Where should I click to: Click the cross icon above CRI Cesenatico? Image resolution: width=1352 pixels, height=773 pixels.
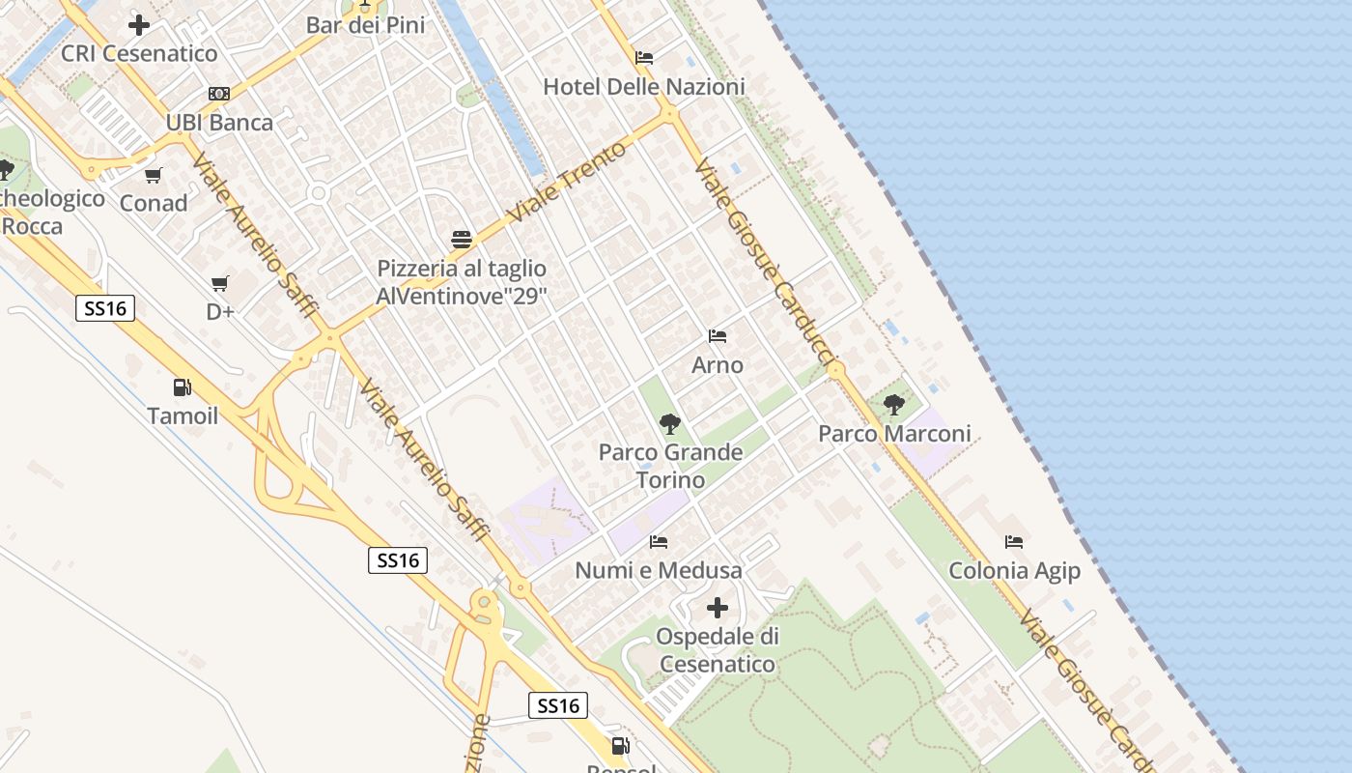(139, 24)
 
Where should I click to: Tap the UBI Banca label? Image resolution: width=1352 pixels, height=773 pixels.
(219, 123)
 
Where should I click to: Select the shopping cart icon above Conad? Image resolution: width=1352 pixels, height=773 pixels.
(153, 176)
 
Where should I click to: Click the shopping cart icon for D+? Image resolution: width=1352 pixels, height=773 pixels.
(220, 283)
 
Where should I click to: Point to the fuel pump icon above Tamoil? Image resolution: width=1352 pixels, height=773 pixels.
(182, 387)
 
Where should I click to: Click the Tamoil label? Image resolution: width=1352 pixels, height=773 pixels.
(183, 416)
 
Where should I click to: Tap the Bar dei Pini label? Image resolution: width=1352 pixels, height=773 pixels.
(365, 25)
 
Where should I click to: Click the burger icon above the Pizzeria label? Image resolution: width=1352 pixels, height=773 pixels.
(462, 240)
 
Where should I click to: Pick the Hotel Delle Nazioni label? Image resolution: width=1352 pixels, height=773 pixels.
(644, 87)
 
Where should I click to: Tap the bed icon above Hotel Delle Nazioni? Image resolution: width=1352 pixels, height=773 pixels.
(644, 58)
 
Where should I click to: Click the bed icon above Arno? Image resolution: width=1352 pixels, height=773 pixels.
(718, 336)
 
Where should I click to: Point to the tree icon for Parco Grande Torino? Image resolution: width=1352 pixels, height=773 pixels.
(669, 423)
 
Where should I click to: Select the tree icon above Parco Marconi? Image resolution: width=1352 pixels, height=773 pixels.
(894, 405)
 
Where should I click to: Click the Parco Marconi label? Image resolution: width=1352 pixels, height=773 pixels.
(894, 434)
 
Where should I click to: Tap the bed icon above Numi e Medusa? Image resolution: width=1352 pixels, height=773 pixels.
(659, 541)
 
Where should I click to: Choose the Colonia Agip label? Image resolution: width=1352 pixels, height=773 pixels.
(1014, 571)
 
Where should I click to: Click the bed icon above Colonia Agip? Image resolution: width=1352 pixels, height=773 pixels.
(1013, 542)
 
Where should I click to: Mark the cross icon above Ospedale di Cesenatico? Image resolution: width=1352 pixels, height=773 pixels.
(717, 608)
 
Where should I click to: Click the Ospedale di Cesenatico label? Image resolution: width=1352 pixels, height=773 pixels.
(718, 650)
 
